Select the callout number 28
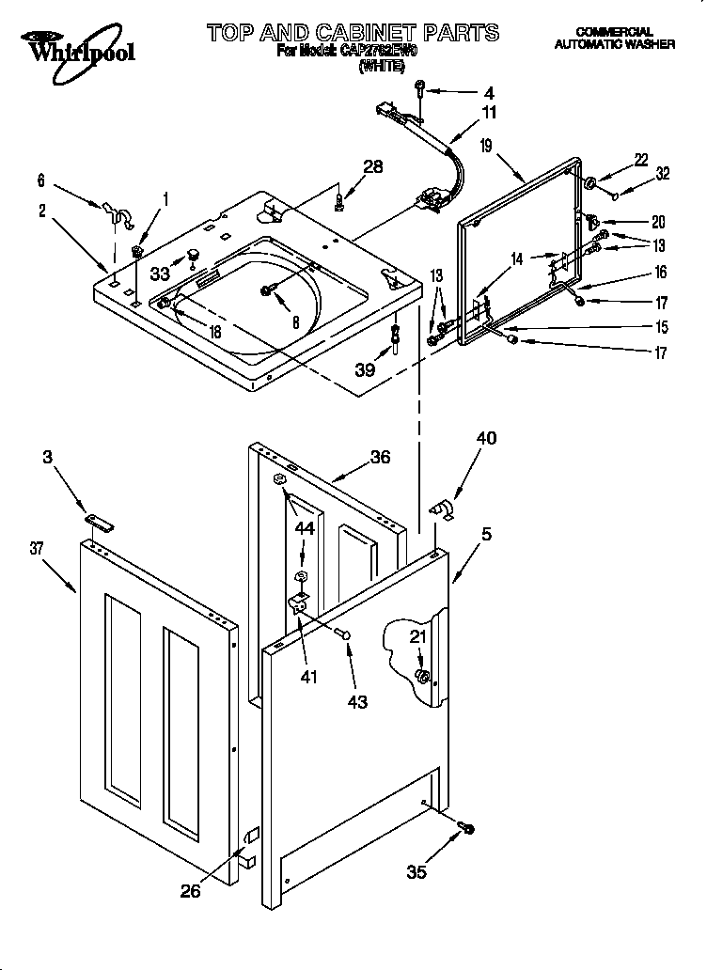[x=372, y=167]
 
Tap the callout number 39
[x=366, y=370]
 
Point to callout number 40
[x=486, y=438]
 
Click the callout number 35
[x=416, y=872]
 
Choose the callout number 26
[x=190, y=891]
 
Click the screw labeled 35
[x=465, y=827]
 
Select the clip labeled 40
[x=440, y=508]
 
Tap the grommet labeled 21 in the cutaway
[x=423, y=677]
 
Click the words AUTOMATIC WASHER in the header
[x=614, y=44]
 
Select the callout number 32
[x=663, y=173]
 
